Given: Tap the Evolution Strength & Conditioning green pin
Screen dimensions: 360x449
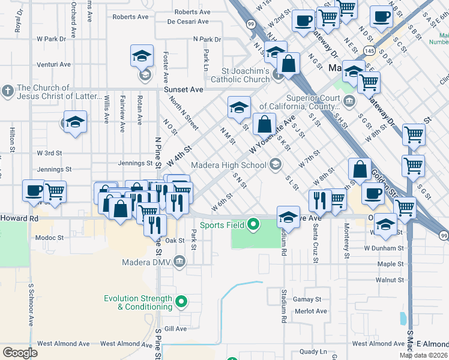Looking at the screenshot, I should coord(179,302).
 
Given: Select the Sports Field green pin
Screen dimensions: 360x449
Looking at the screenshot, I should coord(253,225).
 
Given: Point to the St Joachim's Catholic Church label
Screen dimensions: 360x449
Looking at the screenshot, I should coord(238,75).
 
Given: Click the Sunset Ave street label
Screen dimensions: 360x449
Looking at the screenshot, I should coord(184,89).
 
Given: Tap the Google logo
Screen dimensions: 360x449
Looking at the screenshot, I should coord(20,353).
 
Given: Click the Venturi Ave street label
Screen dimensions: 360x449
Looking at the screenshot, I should coord(53,64).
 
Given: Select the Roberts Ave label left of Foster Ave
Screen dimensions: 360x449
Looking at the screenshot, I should coord(130,17).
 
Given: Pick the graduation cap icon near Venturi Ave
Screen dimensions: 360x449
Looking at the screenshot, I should coord(142,58).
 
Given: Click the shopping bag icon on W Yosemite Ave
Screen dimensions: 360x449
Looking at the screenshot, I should coord(264,125).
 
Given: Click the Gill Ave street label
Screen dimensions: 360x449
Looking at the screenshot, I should coord(176,329).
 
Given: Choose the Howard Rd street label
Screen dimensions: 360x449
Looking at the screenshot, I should coord(19,219).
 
